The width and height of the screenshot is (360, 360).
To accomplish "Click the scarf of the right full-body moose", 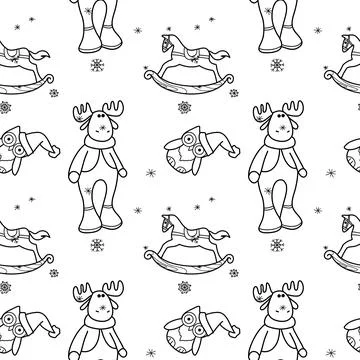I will click(x=279, y=144).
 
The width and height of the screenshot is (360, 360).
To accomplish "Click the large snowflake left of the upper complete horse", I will click(x=125, y=66).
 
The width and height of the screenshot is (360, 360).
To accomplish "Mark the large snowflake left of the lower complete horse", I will click(x=125, y=245).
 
